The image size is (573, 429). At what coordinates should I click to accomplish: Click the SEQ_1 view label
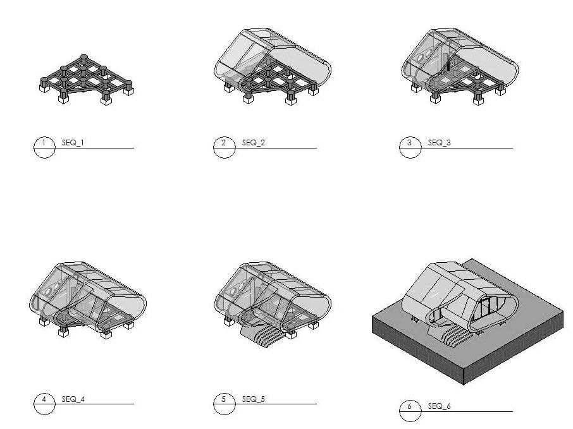click(73, 142)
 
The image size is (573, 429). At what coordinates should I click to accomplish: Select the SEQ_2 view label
click(253, 142)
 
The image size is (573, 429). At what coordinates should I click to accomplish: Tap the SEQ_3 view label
click(440, 142)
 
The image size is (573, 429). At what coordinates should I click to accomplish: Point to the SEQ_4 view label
click(73, 399)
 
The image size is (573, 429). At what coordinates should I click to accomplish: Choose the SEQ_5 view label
click(253, 399)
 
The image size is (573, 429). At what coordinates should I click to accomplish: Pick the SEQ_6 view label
click(440, 406)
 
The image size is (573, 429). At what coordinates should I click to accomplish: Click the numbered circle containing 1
click(44, 147)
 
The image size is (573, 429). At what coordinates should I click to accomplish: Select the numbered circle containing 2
click(225, 147)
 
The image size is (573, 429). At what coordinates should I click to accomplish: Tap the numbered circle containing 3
click(410, 147)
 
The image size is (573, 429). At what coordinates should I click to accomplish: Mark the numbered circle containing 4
click(44, 404)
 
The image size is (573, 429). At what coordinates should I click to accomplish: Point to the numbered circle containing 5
click(225, 404)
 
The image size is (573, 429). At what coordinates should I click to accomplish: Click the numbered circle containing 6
click(410, 411)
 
